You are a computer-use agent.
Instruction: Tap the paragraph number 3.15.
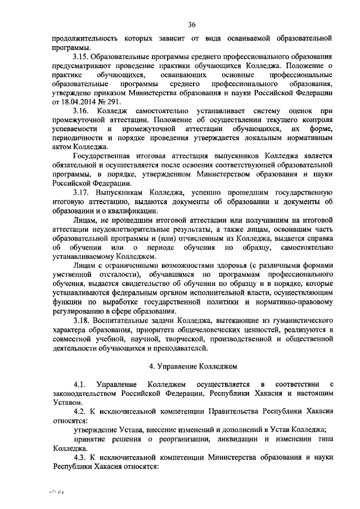(81, 57)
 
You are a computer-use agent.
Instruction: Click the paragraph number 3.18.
(82, 318)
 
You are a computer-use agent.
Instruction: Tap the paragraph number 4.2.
(80, 411)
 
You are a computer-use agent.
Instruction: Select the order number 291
(123, 102)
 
